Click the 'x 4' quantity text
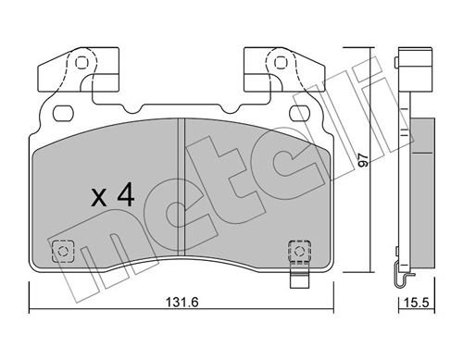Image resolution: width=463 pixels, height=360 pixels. click(114, 195)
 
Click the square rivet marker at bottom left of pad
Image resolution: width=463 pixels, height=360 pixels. click(64, 250)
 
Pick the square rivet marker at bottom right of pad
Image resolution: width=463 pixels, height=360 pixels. click(297, 250)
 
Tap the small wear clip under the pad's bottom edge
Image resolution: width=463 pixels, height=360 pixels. click(297, 278)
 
